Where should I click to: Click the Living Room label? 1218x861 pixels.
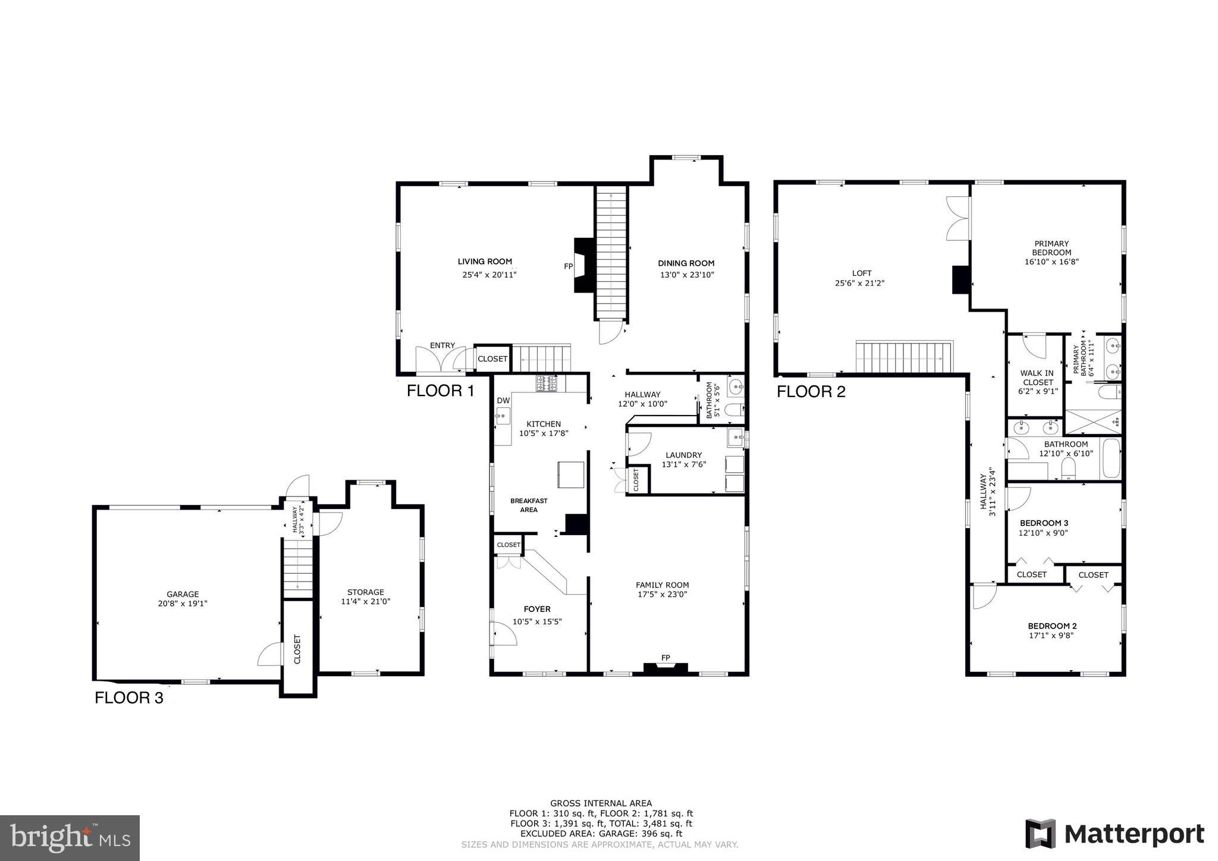click(485, 262)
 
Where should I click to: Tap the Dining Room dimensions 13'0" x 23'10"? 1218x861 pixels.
click(686, 275)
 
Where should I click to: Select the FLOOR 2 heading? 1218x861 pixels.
click(811, 392)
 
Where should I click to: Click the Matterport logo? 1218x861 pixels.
click(1115, 834)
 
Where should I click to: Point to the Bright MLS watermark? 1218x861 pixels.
click(70, 838)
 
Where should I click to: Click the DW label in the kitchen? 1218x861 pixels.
click(503, 401)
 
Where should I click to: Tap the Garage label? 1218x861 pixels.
click(183, 594)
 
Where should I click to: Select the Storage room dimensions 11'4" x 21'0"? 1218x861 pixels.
click(365, 601)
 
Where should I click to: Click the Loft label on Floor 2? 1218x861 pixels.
click(861, 274)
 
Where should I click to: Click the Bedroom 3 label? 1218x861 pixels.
click(1043, 523)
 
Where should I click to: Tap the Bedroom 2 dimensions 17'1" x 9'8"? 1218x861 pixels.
click(1052, 635)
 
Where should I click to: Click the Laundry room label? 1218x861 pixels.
click(683, 455)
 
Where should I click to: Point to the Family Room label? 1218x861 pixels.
click(662, 585)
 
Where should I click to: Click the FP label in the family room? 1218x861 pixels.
click(665, 657)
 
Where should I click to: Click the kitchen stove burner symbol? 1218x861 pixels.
click(547, 384)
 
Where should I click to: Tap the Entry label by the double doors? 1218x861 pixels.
click(442, 345)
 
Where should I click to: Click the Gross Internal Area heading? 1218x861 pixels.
click(601, 803)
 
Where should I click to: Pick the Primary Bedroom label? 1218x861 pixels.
click(1051, 247)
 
